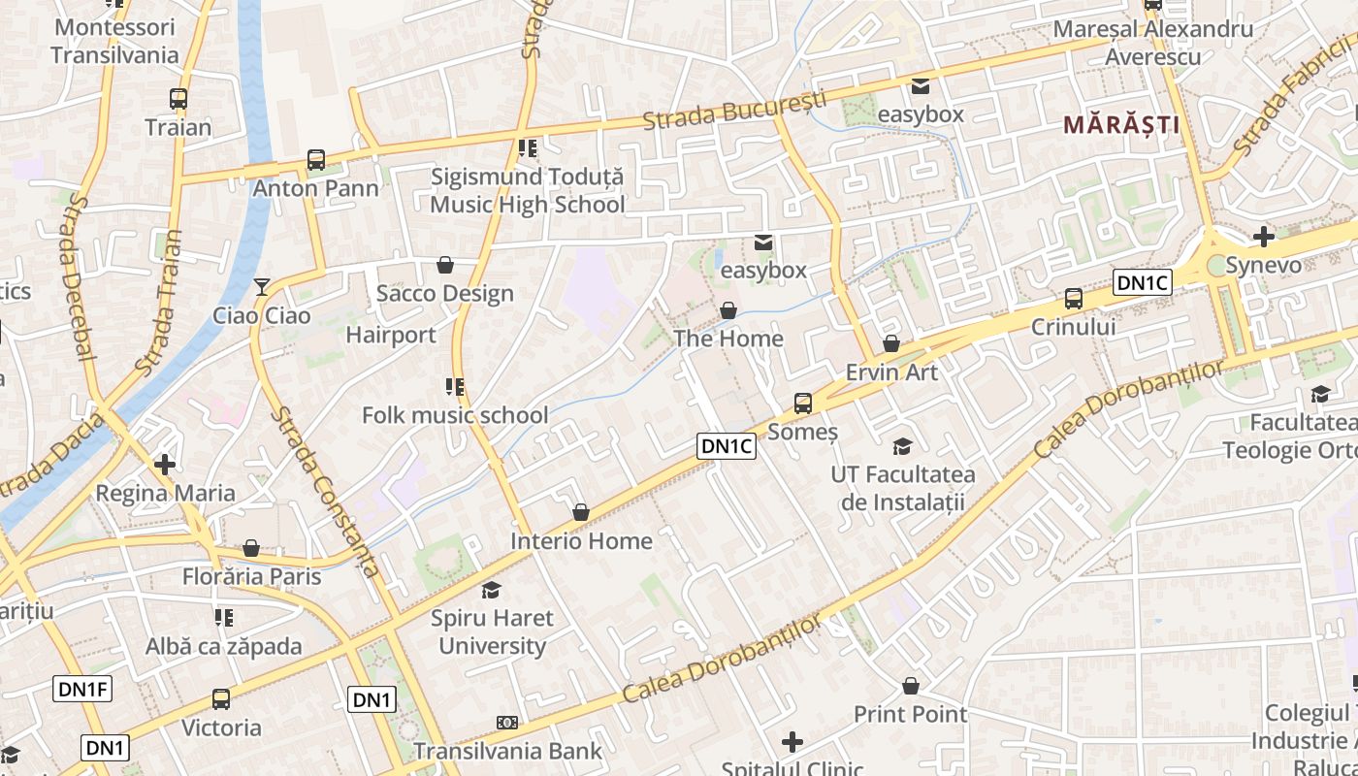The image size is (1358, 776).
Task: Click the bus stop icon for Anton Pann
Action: [316, 160]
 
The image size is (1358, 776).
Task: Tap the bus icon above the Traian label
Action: [178, 99]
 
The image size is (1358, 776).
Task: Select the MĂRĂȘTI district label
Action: [1121, 125]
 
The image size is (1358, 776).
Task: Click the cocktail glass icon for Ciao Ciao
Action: [261, 287]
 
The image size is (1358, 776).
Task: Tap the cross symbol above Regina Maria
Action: [165, 465]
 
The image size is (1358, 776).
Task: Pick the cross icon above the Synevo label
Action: [1263, 237]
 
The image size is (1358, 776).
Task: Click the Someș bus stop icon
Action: [802, 403]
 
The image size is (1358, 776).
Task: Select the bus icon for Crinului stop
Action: [1073, 299]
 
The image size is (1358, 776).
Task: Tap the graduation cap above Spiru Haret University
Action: [492, 590]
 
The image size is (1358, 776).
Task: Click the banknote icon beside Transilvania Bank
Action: [507, 723]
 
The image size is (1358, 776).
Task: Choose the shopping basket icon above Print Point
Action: [910, 687]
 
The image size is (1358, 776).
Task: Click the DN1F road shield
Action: [82, 690]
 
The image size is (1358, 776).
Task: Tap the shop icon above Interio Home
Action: [580, 512]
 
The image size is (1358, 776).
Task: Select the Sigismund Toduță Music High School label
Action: [528, 191]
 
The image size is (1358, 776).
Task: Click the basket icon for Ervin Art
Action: [891, 344]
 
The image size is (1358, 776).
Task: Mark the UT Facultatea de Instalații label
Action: [903, 488]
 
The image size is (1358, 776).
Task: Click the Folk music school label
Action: [455, 416]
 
